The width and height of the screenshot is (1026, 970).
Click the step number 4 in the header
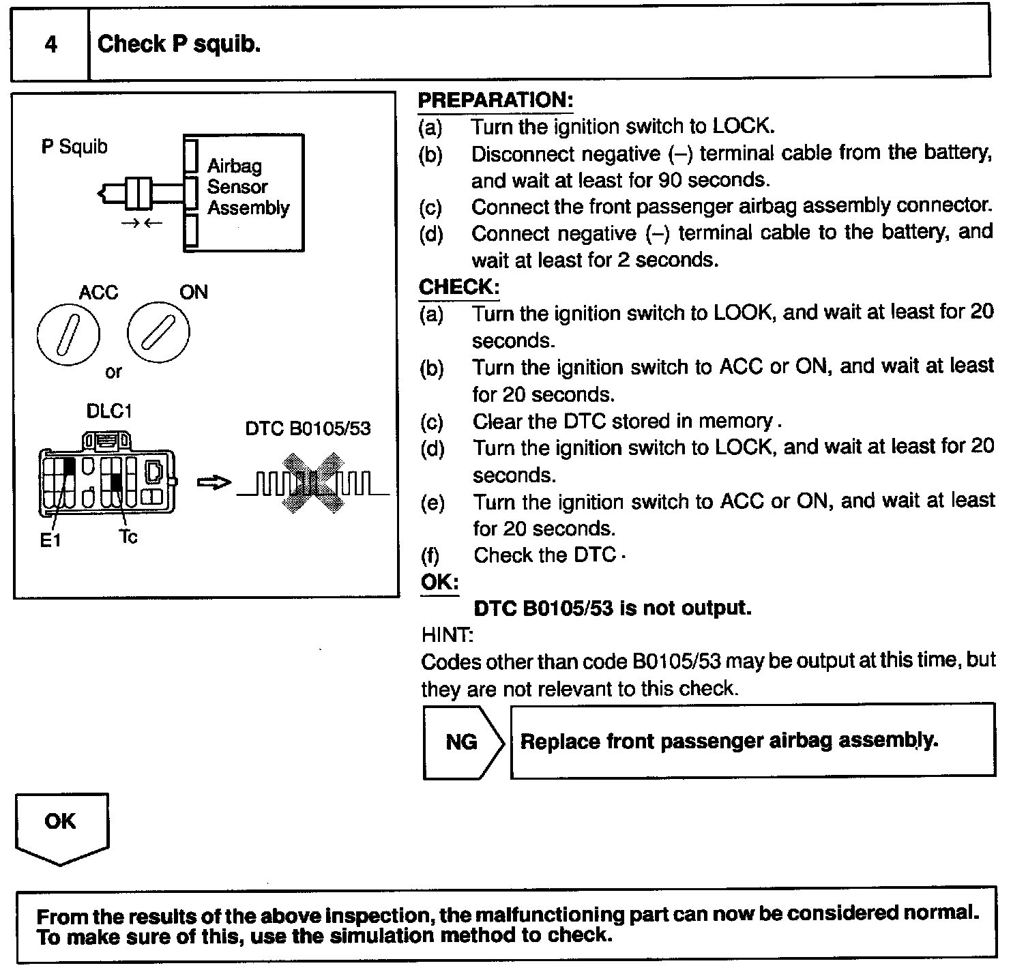click(x=50, y=44)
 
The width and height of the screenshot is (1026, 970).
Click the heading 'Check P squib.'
click(x=179, y=44)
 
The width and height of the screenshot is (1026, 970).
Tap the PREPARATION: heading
click(x=495, y=100)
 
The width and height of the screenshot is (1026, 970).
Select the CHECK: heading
click(x=459, y=286)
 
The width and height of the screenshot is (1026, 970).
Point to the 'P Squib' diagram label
click(x=74, y=147)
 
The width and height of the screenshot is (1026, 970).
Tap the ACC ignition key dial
click(x=68, y=334)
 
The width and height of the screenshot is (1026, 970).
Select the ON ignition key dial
click(x=158, y=334)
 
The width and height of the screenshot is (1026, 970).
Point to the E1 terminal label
click(x=50, y=541)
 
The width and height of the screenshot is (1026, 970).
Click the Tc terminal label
click(x=128, y=537)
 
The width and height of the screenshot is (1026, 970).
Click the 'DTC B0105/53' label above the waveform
click(x=308, y=428)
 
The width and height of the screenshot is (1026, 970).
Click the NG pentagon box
click(x=462, y=741)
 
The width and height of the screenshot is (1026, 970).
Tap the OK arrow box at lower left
click(x=61, y=825)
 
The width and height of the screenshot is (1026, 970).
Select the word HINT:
click(x=447, y=635)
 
